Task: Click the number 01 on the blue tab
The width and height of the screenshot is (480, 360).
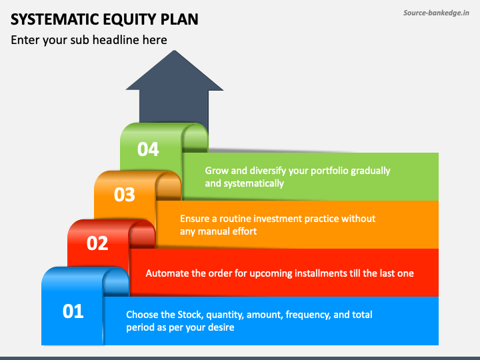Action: tap(73, 311)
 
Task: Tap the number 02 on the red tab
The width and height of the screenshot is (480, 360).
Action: tap(97, 243)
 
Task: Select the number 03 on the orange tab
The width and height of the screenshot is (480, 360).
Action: tap(124, 195)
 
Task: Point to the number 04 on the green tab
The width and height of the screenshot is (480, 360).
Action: tap(148, 149)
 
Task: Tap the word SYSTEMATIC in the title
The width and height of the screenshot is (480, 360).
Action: tap(55, 19)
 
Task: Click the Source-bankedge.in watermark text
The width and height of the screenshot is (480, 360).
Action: tap(436, 13)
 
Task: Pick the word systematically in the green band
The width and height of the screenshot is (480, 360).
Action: tap(254, 184)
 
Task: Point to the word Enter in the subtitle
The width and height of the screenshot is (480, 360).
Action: tap(25, 40)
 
